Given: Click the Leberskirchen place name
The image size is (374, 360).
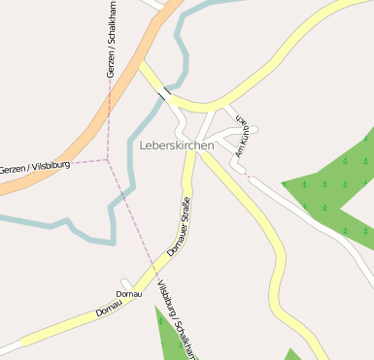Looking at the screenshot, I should click(177, 145).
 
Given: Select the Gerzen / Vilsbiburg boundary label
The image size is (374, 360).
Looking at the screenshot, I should click(26, 168).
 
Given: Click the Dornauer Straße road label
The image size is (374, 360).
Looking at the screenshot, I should click(177, 226).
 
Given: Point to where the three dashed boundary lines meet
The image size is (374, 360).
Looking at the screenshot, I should click(107, 158).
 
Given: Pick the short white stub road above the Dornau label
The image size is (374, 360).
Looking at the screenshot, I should click(124, 282).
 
